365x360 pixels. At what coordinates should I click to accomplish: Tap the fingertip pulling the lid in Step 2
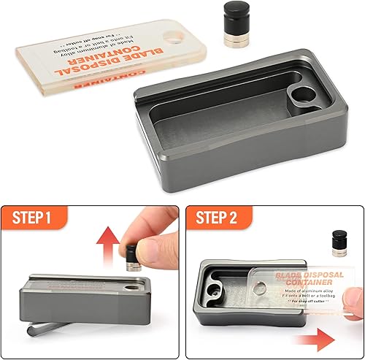tap(353, 316)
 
